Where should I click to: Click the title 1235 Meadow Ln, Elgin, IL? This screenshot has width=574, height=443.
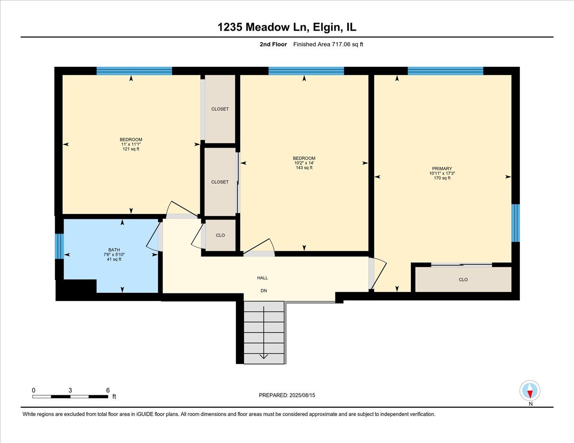pos(287,27)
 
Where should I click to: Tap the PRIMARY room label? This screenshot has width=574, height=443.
pos(442,169)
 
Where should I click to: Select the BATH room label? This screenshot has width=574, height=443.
pos(114,250)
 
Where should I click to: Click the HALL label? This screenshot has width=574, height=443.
pos(262,278)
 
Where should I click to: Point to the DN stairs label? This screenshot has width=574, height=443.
pos(264,291)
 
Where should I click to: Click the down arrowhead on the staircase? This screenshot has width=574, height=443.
pos(264,356)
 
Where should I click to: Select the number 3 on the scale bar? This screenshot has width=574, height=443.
pos(70,390)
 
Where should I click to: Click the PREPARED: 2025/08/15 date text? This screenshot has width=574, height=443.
pos(287,395)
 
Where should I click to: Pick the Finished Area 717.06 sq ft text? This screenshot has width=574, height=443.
pos(328,44)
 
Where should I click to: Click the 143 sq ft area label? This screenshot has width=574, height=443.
pos(304,168)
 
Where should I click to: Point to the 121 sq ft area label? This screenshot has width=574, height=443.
pos(131,149)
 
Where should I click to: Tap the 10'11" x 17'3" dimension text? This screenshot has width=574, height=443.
pos(442,173)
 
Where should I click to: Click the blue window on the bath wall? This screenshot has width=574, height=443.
pos(59,247)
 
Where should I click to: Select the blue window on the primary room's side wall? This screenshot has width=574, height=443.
pos(515,223)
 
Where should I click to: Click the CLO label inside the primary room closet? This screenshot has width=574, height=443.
pos(463,280)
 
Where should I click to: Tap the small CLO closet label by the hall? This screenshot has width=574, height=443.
pos(221,235)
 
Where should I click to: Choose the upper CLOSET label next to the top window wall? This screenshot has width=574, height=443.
pos(220,109)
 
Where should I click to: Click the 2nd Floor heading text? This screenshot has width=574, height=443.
pos(273,44)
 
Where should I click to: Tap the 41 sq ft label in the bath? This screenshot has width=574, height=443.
pos(114,259)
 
